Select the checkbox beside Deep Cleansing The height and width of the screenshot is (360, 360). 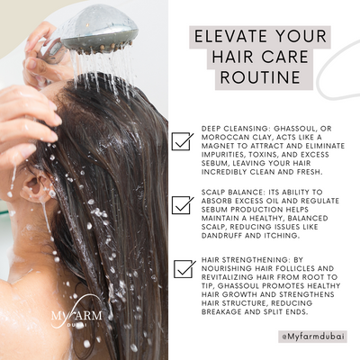pyautogui.click(x=183, y=140)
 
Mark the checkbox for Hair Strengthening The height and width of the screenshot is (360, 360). pyautogui.click(x=183, y=268)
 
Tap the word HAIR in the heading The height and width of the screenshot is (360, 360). pyautogui.click(x=215, y=58)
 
